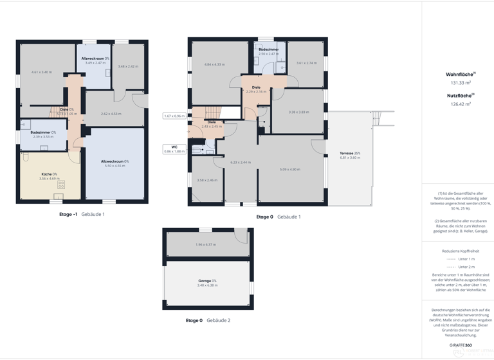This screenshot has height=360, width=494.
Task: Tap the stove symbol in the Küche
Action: pos(62,184)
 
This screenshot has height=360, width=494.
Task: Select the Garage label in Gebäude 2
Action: pos(206,281)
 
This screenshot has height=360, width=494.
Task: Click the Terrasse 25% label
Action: pos(350,153)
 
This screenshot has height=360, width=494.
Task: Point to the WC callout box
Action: pos(174,149)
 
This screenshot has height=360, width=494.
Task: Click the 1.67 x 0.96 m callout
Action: pos(174,116)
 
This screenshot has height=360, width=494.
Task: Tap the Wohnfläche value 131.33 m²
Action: pos(461,82)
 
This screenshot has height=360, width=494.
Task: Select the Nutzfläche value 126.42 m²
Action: pos(461,104)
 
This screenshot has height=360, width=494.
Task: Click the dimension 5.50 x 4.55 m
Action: pos(114,166)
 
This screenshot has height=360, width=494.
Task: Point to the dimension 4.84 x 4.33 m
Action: pos(214,64)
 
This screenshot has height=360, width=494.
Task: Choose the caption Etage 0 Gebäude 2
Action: pos(208,320)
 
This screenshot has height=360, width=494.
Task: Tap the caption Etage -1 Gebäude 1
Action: pos(82,214)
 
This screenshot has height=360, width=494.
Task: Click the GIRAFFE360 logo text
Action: pos(460,345)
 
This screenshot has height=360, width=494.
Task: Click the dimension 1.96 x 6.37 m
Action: pos(206,244)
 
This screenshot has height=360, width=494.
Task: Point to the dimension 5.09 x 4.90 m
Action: pos(290,170)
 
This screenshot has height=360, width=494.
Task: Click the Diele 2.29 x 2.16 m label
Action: pos(256,89)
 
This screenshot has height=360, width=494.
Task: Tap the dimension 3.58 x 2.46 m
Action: pos(207,180)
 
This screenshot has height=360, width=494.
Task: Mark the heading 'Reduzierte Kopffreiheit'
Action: pos(461,251)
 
